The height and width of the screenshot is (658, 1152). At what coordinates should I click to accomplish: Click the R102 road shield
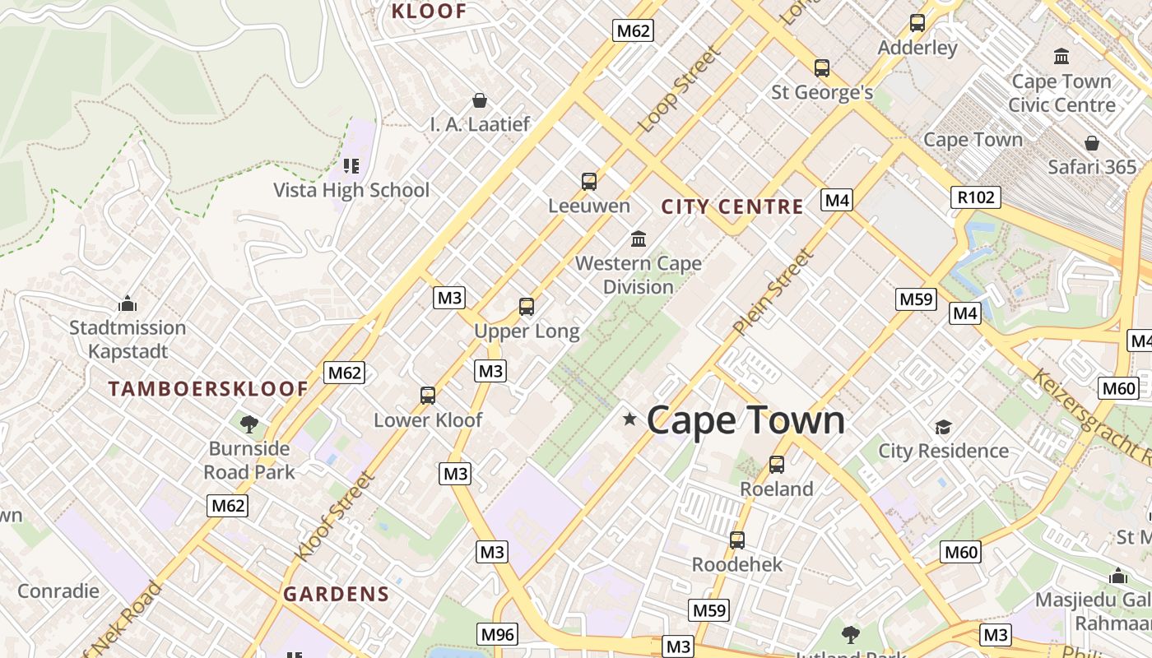point(977,197)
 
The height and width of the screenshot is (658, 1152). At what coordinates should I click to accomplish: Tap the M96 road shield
point(498,634)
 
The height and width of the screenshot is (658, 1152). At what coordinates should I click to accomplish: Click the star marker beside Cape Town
point(630,419)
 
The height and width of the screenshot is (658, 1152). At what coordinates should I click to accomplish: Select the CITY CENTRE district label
point(732,206)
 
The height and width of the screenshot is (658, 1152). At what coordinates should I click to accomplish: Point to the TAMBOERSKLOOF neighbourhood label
point(208,389)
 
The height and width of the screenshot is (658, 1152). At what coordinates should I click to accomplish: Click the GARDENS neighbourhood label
point(336,594)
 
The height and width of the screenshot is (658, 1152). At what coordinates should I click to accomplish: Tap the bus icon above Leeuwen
point(589,182)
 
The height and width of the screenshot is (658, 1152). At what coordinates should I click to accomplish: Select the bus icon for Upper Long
point(527,307)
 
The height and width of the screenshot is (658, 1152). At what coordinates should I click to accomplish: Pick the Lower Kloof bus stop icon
point(428,396)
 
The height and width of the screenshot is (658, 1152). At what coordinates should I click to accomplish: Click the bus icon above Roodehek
point(737,540)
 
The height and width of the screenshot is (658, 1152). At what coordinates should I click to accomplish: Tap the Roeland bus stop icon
point(777,465)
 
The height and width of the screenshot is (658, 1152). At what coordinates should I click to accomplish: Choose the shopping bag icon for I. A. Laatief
point(480,100)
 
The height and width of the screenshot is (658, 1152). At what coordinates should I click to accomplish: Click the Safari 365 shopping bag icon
point(1092,143)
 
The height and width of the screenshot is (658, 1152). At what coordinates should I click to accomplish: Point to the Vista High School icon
point(351,166)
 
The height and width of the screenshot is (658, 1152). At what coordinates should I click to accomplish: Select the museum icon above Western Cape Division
point(639,239)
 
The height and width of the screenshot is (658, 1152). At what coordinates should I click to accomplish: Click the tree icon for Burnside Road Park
point(249,424)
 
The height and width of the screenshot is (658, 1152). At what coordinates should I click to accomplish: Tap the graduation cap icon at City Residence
point(943,427)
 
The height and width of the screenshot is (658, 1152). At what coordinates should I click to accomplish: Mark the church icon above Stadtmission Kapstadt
point(128,304)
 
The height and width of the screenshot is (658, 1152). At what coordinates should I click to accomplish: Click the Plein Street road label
point(773,292)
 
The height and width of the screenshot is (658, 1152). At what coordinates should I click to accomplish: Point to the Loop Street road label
point(680,89)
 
